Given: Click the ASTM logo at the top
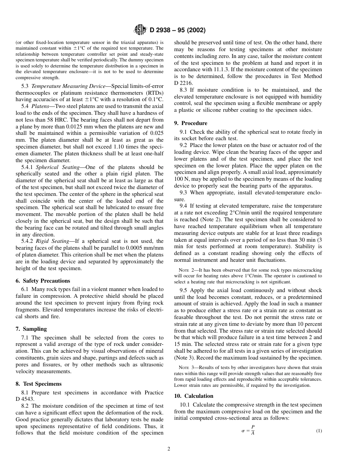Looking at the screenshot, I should click(x=141, y=30).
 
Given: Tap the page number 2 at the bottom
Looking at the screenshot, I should click(x=169, y=449).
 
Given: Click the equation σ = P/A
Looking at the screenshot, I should click(x=248, y=431).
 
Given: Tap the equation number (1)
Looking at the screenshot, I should click(x=319, y=431).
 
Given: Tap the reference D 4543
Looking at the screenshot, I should click(x=25, y=399).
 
